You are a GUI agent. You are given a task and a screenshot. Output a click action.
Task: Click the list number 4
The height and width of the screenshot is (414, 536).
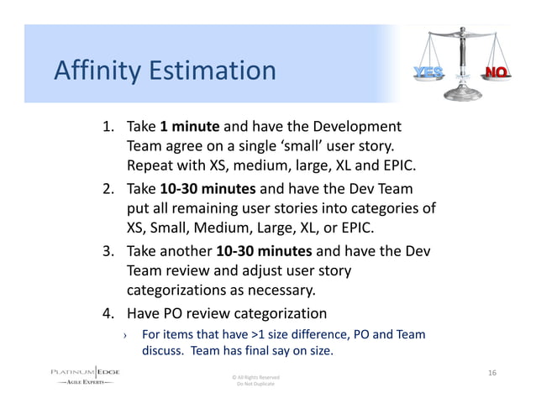click(x=108, y=314)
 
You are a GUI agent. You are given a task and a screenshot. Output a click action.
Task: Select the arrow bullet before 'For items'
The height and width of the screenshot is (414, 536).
click(x=124, y=335)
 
